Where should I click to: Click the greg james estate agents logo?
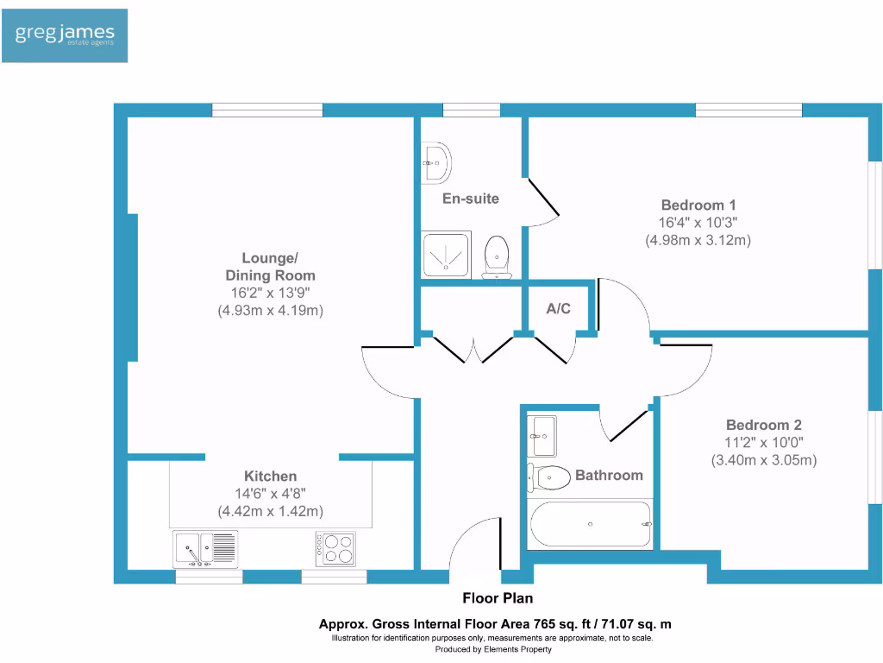(65, 35)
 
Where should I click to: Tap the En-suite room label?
(470, 199)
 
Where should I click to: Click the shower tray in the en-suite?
(446, 254)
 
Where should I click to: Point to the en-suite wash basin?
(436, 161)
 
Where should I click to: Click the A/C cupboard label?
(558, 308)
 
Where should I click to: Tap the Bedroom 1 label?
(698, 205)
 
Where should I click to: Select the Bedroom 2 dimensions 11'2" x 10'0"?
(763, 443)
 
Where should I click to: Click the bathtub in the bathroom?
(590, 524)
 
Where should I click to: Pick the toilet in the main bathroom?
(549, 476)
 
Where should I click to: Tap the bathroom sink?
(542, 435)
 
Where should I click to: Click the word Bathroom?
(609, 475)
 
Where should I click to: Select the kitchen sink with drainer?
(205, 548)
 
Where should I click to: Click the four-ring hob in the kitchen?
(335, 548)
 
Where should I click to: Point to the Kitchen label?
(270, 477)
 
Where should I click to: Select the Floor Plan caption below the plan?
(498, 597)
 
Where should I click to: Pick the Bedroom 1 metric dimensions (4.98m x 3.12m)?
(698, 241)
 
